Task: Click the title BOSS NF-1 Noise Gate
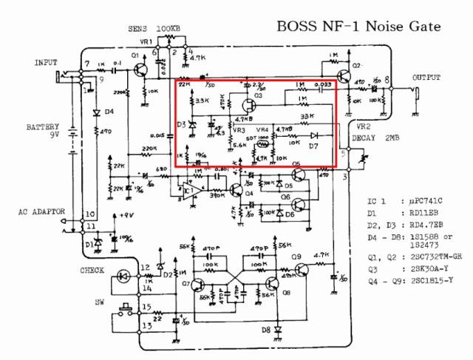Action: pos(358,27)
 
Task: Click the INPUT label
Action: pos(46,63)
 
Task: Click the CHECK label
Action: pos(92,271)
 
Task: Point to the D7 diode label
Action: pos(313,148)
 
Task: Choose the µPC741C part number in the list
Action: pos(427,201)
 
